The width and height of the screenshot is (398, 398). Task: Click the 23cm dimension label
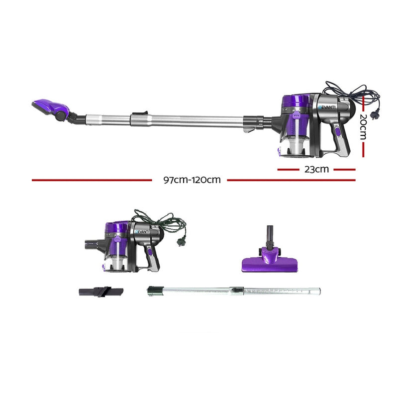pyautogui.click(x=316, y=169)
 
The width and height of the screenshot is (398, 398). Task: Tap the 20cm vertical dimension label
pyautogui.click(x=363, y=126)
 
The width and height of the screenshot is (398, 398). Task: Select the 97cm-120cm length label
pyautogui.click(x=192, y=180)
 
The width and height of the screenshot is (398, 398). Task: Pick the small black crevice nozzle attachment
pyautogui.click(x=99, y=292)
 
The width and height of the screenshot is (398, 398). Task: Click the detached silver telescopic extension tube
pyautogui.click(x=234, y=290)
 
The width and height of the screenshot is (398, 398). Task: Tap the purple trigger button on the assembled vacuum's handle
pyautogui.click(x=338, y=132)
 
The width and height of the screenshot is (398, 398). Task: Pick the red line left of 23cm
pyautogui.click(x=291, y=169)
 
